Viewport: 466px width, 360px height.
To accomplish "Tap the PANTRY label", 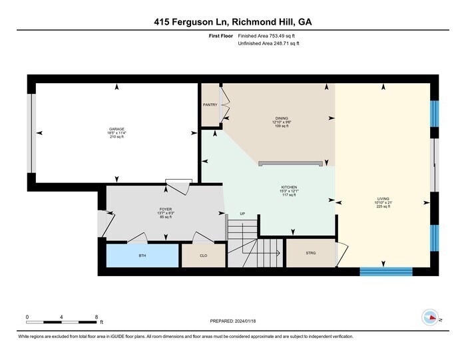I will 210,104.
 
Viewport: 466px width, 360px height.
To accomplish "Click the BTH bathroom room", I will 142,256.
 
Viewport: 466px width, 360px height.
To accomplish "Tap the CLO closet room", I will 204,256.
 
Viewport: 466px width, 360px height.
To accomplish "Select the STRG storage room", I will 310,253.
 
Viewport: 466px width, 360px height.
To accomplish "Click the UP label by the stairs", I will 243,214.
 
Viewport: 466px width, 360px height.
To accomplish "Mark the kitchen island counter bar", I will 291,162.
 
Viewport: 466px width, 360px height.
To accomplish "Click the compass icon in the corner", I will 431,318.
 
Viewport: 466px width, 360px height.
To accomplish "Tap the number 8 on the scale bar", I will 97,317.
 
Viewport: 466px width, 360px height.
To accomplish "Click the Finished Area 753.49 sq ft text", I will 269,35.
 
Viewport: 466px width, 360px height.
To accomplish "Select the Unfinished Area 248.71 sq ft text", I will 269,43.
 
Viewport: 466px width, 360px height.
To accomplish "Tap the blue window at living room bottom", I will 386,271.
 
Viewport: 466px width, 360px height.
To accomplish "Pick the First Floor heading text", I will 221,35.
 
